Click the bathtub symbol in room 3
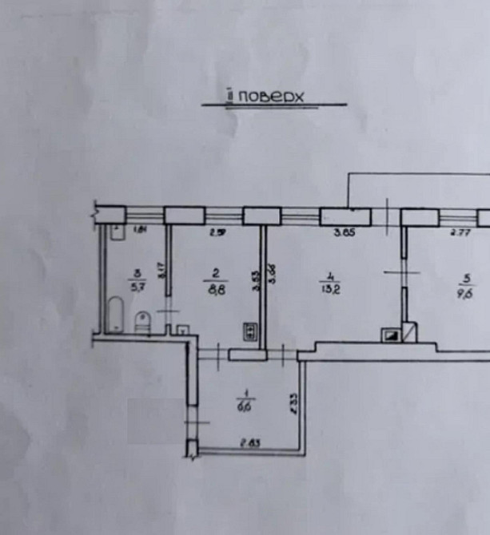(115, 315)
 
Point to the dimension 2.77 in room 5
(458, 233)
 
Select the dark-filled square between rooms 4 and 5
(391, 336)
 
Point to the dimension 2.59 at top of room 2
(214, 233)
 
